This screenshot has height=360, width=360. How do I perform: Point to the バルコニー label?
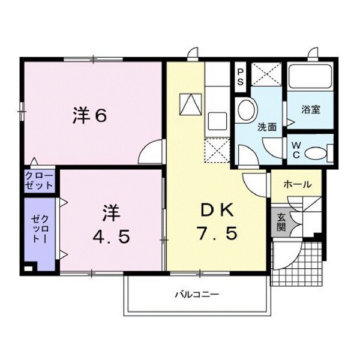(196, 295)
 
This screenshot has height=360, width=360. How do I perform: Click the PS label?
(240, 77)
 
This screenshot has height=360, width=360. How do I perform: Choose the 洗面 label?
(266, 127)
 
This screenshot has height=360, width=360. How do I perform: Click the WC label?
(296, 149)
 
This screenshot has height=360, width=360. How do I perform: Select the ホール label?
(297, 184)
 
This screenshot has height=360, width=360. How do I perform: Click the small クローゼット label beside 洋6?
(40, 181)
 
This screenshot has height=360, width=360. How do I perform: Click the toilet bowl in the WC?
(316, 154)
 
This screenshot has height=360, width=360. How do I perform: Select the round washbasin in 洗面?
(246, 110)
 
